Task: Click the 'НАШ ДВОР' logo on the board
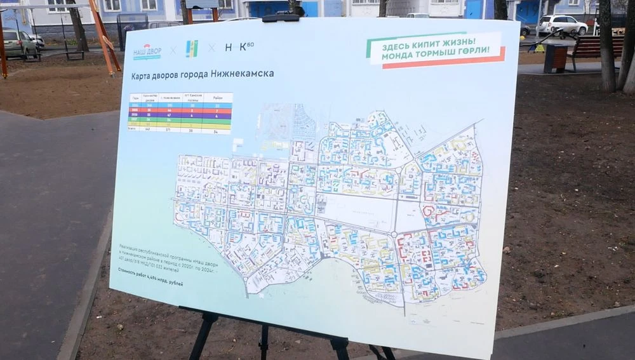147,51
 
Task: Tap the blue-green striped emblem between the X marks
191,49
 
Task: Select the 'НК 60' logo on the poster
239,47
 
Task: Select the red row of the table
180,110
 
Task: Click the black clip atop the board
280,18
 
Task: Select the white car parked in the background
562,25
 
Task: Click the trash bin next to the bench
556,58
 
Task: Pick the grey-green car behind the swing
19,43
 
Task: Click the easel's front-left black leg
203,336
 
